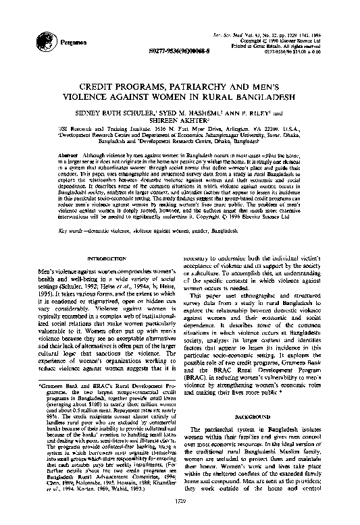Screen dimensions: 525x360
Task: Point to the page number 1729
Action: coord(180,518)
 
